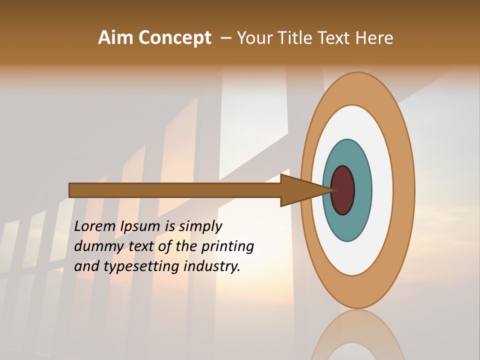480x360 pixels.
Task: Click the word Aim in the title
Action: tap(116, 38)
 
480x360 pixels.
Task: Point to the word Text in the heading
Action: tap(334, 38)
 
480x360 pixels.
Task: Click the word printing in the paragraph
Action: tap(227, 246)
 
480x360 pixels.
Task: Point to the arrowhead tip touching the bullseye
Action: tap(332, 190)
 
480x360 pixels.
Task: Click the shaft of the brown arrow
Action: tap(175, 190)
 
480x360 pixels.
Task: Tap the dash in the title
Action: tap(225, 38)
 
